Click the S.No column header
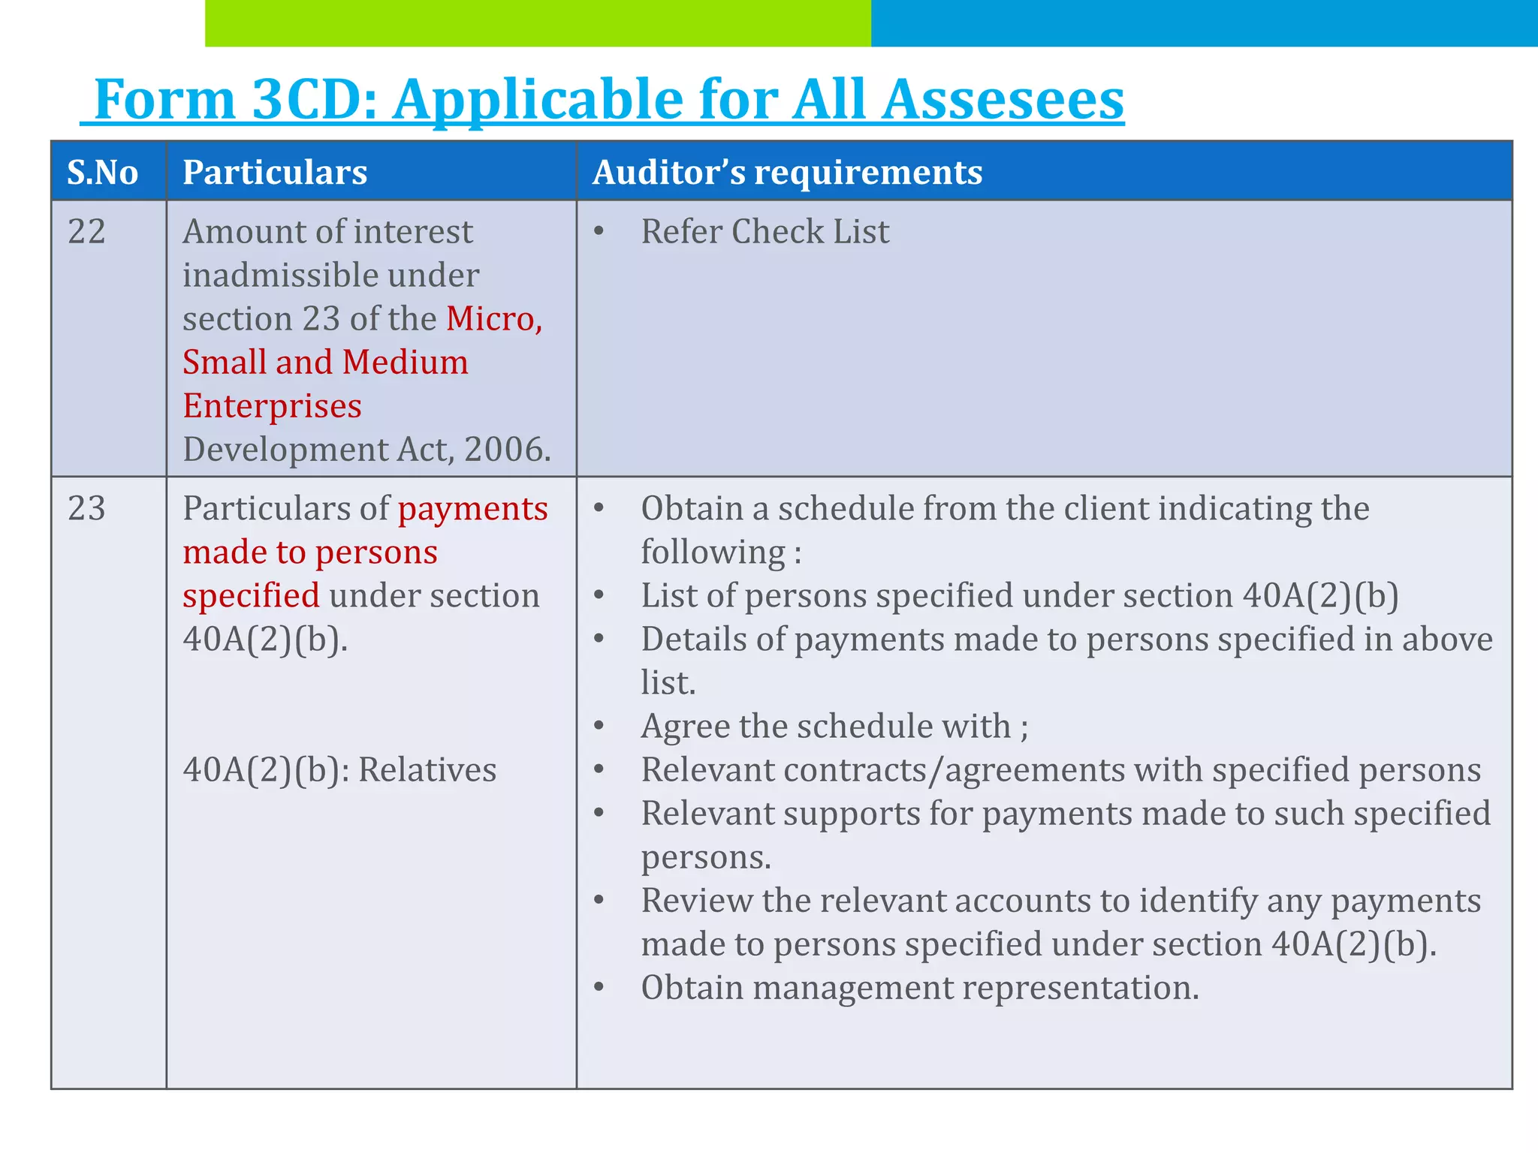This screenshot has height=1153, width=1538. [x=103, y=173]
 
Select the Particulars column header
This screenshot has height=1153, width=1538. [x=275, y=173]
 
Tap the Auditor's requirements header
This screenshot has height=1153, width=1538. [x=787, y=173]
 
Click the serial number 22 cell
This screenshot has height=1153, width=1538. [x=86, y=232]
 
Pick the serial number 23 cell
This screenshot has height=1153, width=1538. [x=86, y=509]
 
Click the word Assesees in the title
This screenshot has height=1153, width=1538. [x=1003, y=100]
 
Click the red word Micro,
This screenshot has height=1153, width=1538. [x=494, y=319]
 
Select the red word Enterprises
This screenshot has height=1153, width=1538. [x=272, y=406]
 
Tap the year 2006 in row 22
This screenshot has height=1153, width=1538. [x=503, y=450]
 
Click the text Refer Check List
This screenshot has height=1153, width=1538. [x=764, y=232]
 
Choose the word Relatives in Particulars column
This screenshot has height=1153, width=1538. [x=427, y=770]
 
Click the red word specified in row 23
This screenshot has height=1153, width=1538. [x=251, y=596]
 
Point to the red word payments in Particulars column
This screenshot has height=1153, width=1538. [x=473, y=509]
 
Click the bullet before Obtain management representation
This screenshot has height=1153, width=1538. [x=599, y=987]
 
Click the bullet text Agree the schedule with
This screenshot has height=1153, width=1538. [x=834, y=727]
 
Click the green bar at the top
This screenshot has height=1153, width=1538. [x=538, y=23]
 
